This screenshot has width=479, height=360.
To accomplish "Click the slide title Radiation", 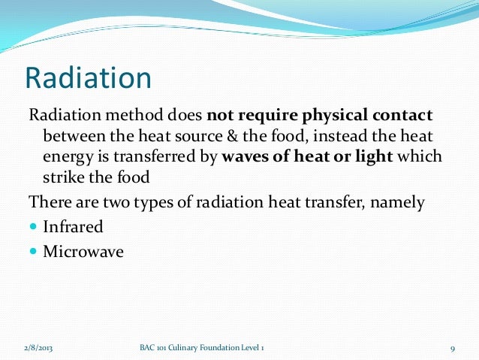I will (89, 78).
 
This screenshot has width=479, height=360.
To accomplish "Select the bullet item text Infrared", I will (72, 226).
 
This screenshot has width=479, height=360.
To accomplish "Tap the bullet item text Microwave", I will (83, 250).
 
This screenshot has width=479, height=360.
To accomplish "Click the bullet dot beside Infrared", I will (33, 227).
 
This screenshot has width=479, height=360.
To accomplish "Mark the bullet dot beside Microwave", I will (33, 251).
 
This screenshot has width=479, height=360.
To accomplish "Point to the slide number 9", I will (453, 349).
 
